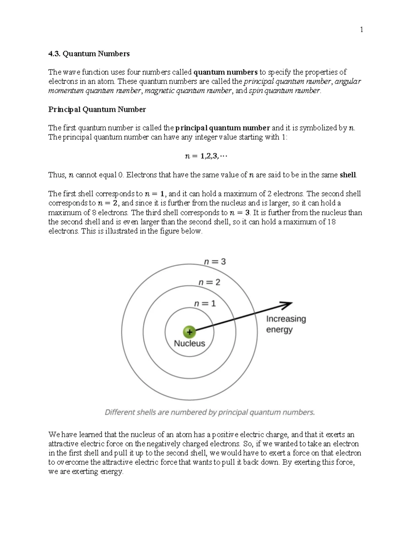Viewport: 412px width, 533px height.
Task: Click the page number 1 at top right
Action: [x=361, y=30]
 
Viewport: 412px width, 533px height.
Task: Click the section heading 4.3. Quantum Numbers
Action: [x=89, y=54]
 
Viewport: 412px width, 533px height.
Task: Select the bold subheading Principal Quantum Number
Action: [x=97, y=109]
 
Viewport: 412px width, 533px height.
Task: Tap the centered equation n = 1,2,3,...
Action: [x=206, y=156]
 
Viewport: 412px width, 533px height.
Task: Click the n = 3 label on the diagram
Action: [x=215, y=262]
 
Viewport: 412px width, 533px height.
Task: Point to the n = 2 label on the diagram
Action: [x=209, y=282]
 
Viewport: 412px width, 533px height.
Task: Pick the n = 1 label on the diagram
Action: [x=205, y=304]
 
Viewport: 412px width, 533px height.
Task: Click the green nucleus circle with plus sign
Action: [x=189, y=332]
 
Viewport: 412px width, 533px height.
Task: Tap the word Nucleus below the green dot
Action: [x=189, y=344]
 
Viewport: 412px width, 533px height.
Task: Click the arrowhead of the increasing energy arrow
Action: [x=288, y=304]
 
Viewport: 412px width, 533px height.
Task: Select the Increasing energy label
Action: [x=286, y=324]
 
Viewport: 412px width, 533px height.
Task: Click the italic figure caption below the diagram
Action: [x=209, y=413]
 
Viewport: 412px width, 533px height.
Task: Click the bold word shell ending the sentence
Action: [x=347, y=175]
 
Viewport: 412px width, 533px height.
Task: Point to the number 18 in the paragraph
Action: [x=331, y=222]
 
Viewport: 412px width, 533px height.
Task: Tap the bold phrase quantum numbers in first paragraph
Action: [x=226, y=72]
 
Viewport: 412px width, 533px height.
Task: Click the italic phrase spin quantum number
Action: [x=284, y=91]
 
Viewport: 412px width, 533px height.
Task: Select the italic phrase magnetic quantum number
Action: [x=188, y=91]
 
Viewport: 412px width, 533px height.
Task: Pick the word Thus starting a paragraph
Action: [x=56, y=175]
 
